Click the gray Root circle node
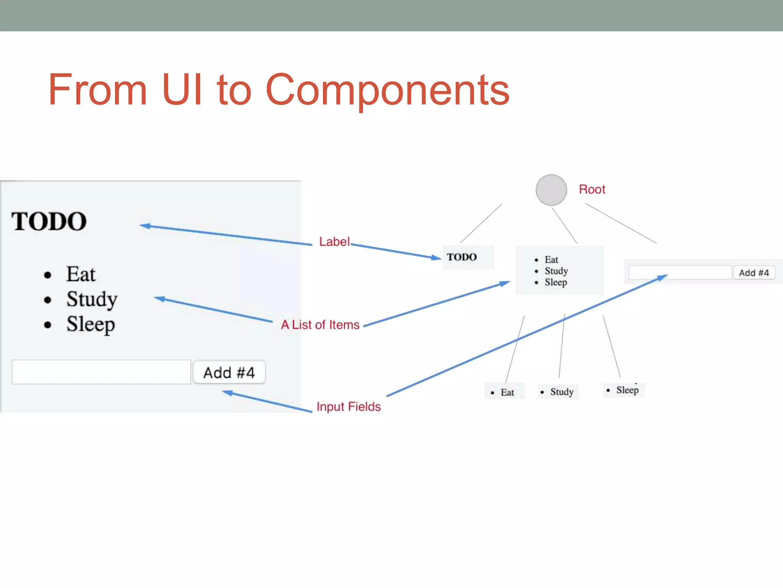551,190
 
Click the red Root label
592,189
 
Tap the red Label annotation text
334,242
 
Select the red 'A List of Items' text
320,325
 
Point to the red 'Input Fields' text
348,407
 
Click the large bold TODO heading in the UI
49,222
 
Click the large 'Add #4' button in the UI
229,372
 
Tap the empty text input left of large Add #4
101,372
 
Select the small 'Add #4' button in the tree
754,273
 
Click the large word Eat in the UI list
81,274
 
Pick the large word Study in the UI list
92,299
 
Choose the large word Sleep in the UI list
91,324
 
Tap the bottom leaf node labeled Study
559,392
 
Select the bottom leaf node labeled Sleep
624,390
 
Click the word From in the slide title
98,90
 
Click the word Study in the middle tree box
556,271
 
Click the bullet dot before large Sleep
47,325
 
